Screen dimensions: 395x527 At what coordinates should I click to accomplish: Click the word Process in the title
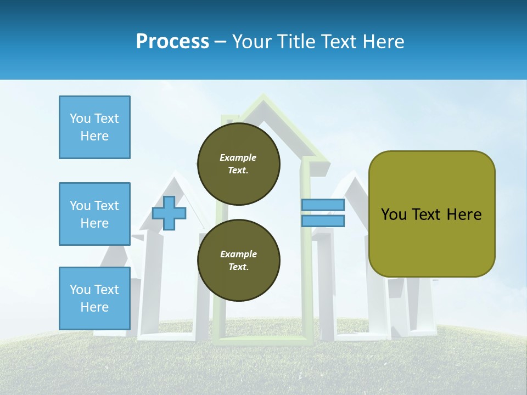pos(172,41)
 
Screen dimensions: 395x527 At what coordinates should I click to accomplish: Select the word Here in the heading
pos(383,41)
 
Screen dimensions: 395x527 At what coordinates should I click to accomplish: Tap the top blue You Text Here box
pos(94,127)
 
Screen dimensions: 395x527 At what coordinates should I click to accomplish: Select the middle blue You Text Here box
pos(94,214)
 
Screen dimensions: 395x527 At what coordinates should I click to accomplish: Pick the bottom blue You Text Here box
pos(94,298)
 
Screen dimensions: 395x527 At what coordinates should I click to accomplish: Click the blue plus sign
pos(169,213)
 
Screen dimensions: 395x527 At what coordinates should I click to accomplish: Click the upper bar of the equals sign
pos(323,205)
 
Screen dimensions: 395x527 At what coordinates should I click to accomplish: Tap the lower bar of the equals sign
pos(323,221)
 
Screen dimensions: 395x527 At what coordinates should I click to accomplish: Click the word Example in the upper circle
pos(238,157)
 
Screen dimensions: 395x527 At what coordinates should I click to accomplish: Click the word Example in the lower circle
pos(238,254)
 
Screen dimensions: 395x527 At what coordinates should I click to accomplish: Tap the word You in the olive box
pos(393,215)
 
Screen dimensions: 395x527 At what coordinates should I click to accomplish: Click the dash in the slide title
pos(221,42)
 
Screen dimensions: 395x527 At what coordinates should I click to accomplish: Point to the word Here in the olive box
pos(464,215)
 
